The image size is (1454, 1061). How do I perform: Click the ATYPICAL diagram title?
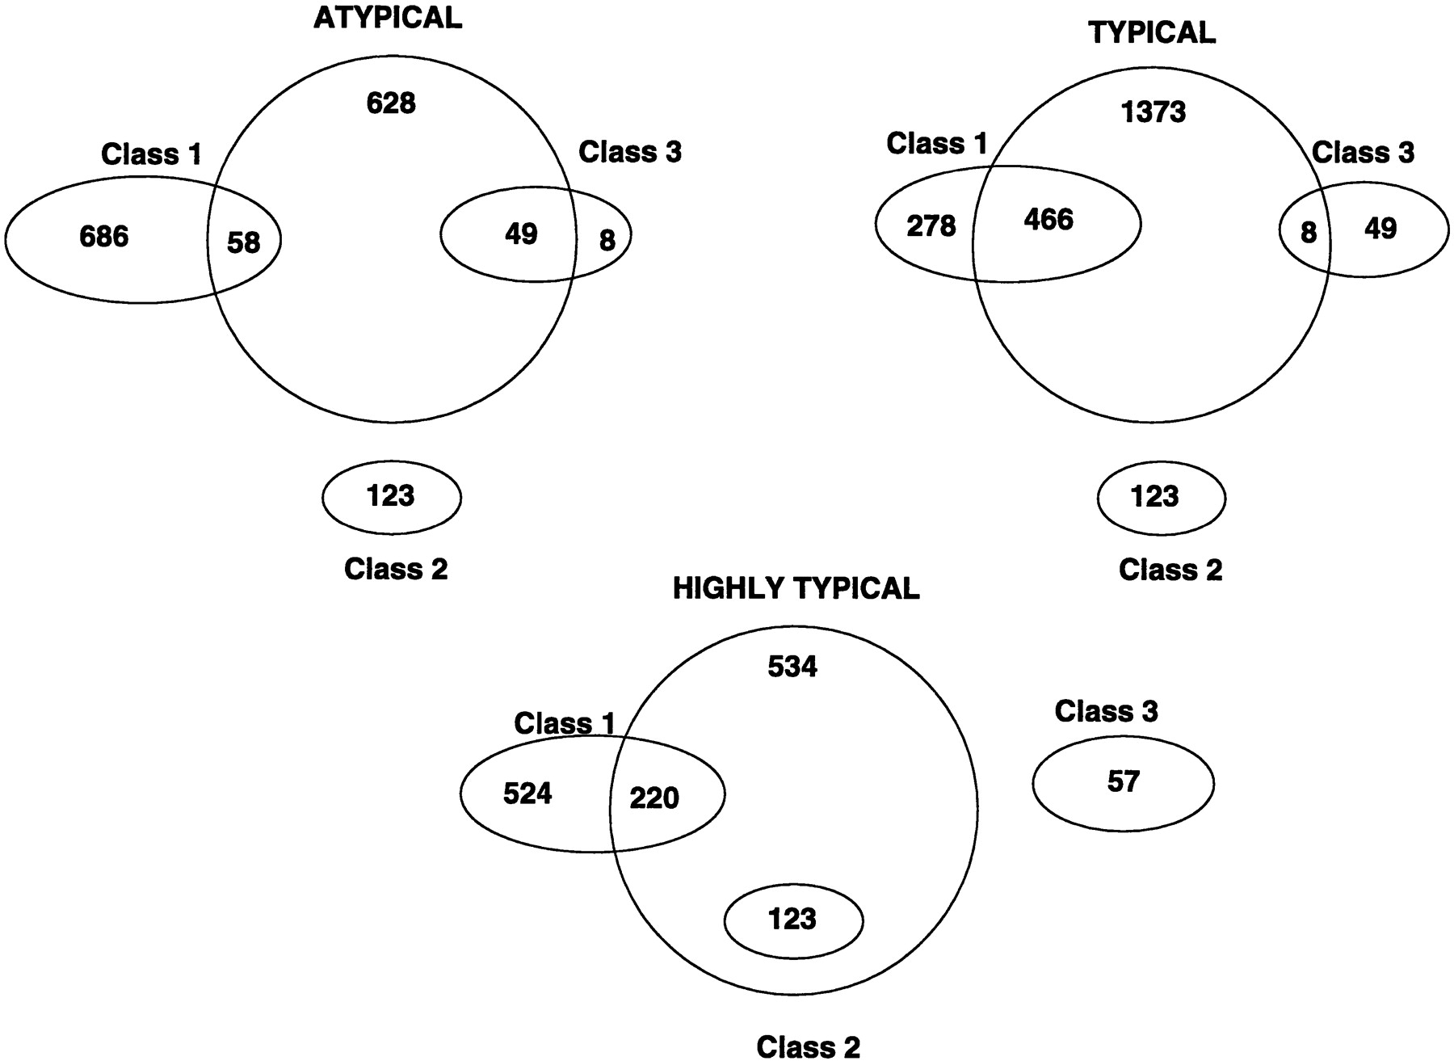click(388, 19)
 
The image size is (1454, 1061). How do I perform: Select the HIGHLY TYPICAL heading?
click(796, 588)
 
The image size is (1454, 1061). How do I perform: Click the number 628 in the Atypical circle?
click(391, 103)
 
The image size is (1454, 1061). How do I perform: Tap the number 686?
click(104, 236)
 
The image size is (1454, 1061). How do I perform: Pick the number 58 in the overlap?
click(243, 242)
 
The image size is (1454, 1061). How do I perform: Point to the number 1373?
click(1154, 112)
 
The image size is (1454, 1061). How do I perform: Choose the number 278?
click(931, 226)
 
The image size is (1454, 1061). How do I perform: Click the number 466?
click(1048, 219)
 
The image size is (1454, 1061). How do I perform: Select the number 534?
click(792, 667)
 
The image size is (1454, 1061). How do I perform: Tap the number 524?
click(527, 794)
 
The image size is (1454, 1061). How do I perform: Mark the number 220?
click(654, 798)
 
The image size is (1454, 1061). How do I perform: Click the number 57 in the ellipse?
click(1123, 781)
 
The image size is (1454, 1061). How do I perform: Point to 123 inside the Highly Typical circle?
click(792, 919)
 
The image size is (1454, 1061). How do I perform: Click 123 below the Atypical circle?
click(391, 495)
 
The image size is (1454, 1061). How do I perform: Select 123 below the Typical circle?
click(1155, 496)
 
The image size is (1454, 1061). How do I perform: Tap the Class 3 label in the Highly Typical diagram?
click(1106, 711)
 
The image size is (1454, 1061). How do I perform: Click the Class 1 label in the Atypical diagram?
click(151, 154)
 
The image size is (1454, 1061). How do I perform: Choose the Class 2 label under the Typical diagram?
click(1170, 570)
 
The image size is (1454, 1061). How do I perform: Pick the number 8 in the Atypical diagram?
click(607, 240)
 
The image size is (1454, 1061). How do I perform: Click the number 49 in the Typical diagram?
click(1380, 229)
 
